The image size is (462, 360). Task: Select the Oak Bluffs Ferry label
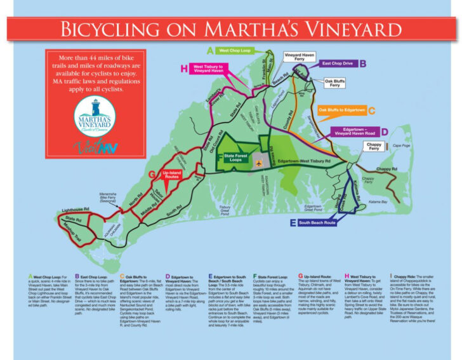tap(336, 83)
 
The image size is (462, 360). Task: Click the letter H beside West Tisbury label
tap(184, 69)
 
